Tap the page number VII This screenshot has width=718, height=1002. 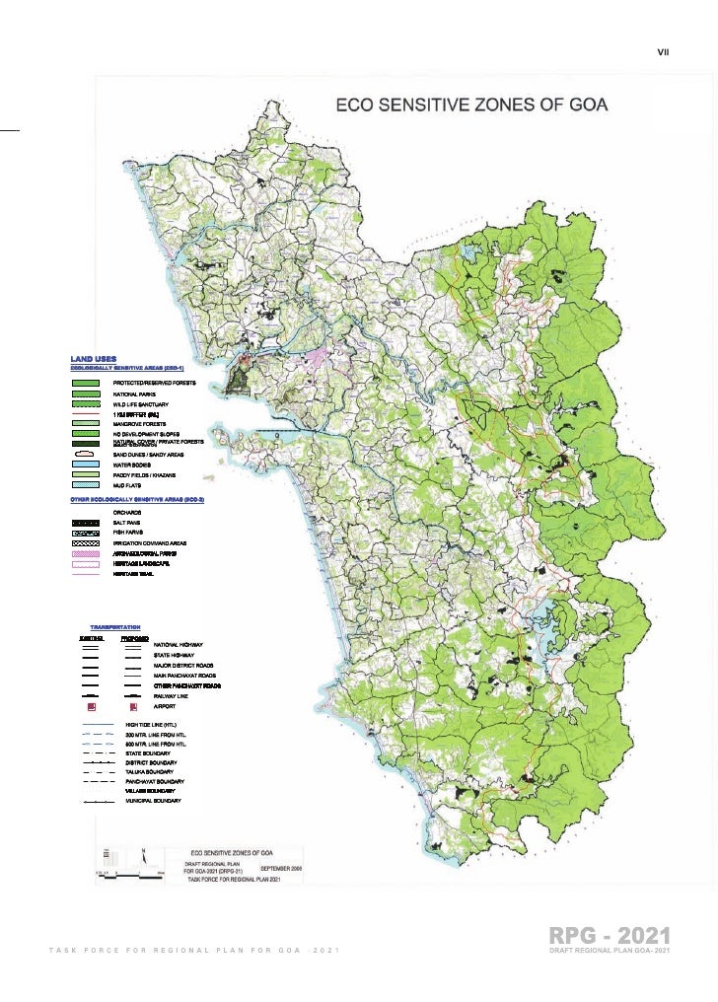663,52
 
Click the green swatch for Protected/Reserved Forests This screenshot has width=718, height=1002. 86,382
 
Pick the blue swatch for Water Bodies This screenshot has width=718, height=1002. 86,464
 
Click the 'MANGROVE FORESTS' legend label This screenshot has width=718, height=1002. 138,423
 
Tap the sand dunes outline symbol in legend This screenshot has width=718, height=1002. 86,454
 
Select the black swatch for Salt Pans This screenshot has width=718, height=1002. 86,522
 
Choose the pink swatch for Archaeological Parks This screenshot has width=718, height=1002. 86,554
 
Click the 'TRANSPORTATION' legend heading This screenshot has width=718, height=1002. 115,627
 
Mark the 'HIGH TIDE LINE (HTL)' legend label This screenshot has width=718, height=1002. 158,725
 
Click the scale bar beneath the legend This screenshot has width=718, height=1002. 123,872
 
